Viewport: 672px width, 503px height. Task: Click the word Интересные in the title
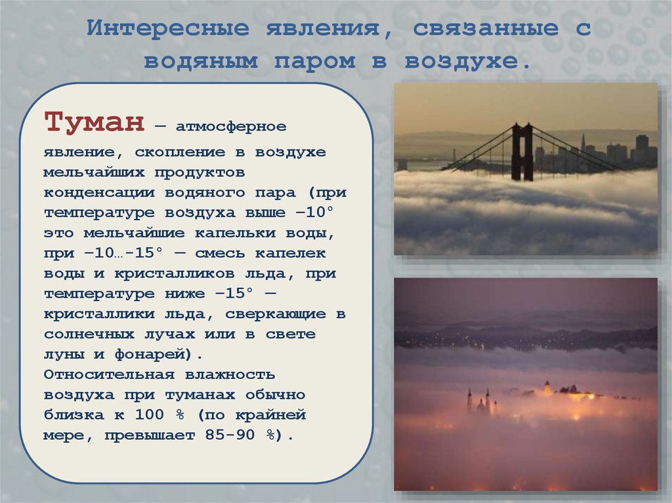[168, 29]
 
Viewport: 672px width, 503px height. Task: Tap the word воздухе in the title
[467, 62]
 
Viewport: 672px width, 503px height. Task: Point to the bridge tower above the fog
[522, 151]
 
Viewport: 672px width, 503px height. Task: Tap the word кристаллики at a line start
[100, 314]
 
